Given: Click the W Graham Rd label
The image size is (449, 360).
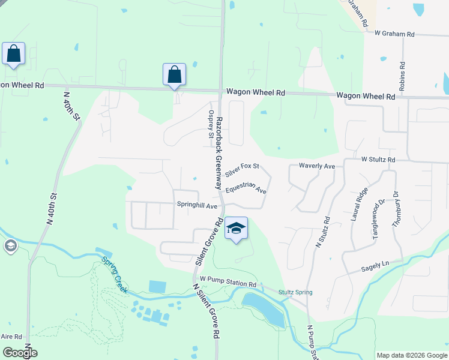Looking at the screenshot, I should pos(394,34).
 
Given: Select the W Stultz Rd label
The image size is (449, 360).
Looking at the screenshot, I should pos(378,160).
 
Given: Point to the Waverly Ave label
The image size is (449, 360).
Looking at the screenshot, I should pos(317,166).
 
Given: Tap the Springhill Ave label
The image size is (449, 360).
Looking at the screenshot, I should pos(197,205).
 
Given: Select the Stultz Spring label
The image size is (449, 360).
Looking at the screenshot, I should pos(295,292).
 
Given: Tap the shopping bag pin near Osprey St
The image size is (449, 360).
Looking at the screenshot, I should pos(174,74).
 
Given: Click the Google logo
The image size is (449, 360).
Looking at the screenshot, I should pos(19,353).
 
